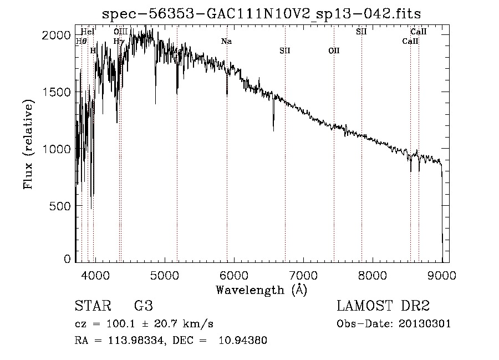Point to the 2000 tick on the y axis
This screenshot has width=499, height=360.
click(x=58, y=35)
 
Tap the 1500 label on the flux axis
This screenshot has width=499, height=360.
click(x=58, y=92)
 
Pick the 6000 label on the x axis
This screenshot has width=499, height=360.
click(x=233, y=275)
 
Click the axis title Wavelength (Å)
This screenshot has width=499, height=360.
click(x=261, y=290)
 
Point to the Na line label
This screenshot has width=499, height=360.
click(x=226, y=42)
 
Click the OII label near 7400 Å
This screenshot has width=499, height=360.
click(x=334, y=50)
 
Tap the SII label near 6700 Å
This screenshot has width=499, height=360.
click(x=285, y=50)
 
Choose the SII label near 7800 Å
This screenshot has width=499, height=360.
click(x=361, y=32)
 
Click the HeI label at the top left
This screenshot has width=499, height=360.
click(x=88, y=32)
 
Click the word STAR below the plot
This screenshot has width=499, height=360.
click(x=91, y=306)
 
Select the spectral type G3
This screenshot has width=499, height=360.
click(x=144, y=306)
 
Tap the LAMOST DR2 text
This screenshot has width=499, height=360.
click(x=383, y=306)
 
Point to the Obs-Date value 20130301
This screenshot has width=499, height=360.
click(x=425, y=324)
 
